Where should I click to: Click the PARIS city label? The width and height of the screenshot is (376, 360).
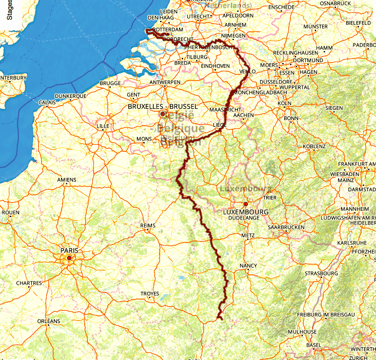click(69, 250)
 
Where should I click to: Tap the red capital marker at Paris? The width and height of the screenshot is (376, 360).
click(69, 258)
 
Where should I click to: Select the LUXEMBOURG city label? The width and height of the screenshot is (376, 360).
click(246, 211)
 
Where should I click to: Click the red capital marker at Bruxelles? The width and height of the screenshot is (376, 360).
click(163, 114)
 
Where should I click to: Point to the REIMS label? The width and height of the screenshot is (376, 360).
click(148, 226)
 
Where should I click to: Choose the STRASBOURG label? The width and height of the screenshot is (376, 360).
click(321, 273)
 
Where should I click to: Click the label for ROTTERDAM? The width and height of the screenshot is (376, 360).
click(168, 30)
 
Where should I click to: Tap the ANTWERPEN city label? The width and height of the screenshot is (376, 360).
click(164, 83)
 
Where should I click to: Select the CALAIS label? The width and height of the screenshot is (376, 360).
click(47, 103)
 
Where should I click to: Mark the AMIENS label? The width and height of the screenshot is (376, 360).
click(67, 179)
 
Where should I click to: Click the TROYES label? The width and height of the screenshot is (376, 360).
click(150, 294)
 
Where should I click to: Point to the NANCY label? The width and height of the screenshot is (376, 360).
click(248, 266)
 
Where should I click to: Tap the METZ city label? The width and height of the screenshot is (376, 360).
click(247, 235)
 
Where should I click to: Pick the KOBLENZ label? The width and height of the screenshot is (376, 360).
click(314, 146)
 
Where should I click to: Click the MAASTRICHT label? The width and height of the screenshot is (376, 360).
click(225, 110)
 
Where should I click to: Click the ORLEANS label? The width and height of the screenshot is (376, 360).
click(49, 322)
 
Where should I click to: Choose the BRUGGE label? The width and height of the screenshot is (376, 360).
click(110, 83)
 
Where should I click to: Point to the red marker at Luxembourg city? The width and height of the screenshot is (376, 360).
click(245, 204)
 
